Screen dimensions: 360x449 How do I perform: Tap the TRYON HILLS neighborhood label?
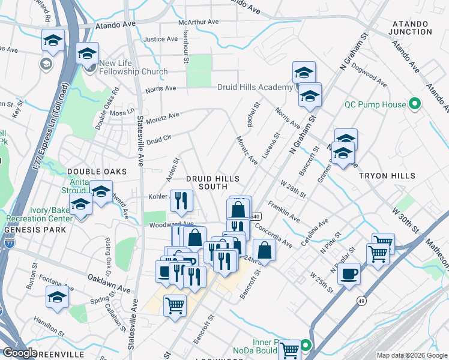tap(387, 176)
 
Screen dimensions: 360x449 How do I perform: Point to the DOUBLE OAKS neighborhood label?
tap(89, 172)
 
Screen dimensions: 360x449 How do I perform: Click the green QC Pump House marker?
tap(414, 104)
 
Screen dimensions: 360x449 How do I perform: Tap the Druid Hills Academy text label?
tap(255, 88)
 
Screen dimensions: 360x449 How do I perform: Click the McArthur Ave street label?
tap(198, 22)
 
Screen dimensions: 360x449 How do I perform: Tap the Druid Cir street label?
tap(159, 140)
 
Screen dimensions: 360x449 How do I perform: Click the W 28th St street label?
tap(294, 188)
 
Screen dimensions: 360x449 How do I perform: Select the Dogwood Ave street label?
tap(370, 79)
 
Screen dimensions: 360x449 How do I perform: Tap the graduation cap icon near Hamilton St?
tap(58, 296)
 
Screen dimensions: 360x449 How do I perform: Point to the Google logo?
tap(20, 352)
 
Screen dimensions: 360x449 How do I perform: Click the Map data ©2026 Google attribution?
tap(412, 355)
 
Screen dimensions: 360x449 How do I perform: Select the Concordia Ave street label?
tap(273, 235)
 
